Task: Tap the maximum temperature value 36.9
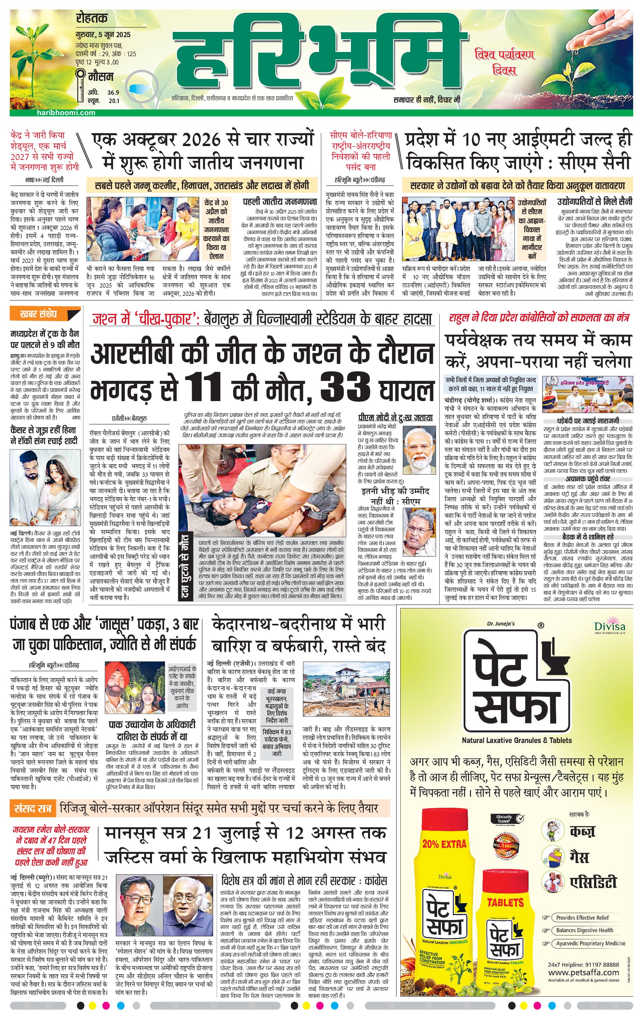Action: [x=113, y=92]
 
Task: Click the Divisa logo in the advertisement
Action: [x=609, y=626]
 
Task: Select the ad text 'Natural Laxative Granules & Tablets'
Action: [x=516, y=740]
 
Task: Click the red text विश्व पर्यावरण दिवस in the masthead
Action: [x=505, y=62]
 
